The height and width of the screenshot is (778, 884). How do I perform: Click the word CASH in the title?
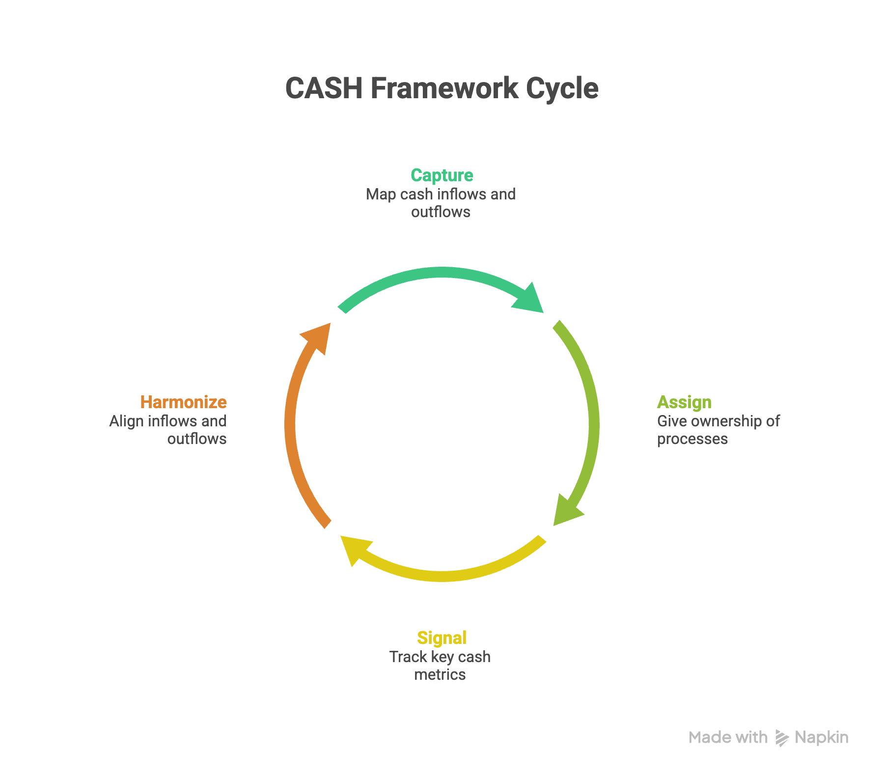[x=324, y=88]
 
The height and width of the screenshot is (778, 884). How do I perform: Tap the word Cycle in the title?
[x=562, y=88]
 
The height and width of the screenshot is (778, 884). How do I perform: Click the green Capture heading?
[x=442, y=175]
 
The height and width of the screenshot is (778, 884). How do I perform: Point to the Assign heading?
[x=684, y=402]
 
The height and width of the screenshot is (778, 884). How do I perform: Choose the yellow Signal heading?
[x=442, y=638]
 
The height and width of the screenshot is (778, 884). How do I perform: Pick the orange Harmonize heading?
[x=183, y=402]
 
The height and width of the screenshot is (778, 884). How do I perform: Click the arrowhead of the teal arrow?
[x=530, y=298]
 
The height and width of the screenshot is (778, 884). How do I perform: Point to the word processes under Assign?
[x=692, y=439]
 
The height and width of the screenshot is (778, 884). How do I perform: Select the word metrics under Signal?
[x=440, y=675]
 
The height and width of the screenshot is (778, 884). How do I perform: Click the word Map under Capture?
[x=381, y=194]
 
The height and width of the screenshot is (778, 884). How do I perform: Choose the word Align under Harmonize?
[x=126, y=421]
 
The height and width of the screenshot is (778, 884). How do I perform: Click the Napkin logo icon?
[x=781, y=738]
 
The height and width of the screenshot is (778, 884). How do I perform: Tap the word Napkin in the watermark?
[x=822, y=738]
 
